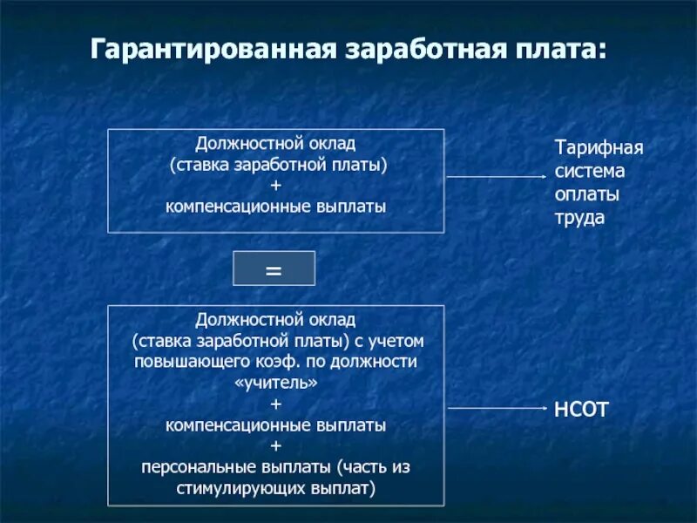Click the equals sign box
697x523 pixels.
(274, 269)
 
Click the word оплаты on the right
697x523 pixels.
(587, 194)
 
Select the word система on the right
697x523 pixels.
(590, 171)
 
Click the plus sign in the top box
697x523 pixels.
(276, 186)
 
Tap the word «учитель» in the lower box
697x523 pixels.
(276, 383)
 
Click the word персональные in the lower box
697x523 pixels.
(197, 467)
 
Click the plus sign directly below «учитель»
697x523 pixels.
(276, 404)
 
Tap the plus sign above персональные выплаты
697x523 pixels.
(276, 446)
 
